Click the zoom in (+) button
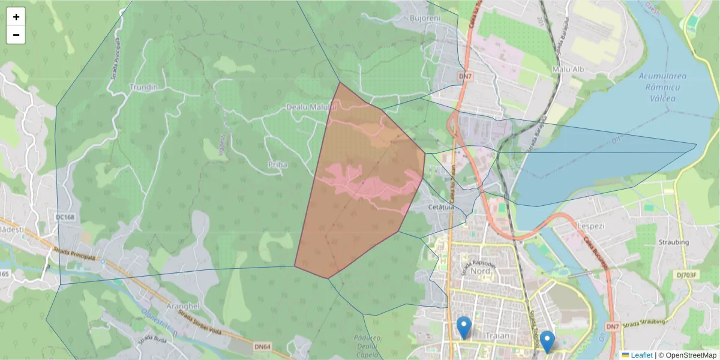(x=16, y=17)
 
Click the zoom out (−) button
(x=16, y=35)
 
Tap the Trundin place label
(x=143, y=87)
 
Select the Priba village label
(x=277, y=164)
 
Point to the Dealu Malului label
(x=312, y=107)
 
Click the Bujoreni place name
(x=425, y=19)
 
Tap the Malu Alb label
(x=566, y=70)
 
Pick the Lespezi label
(x=590, y=226)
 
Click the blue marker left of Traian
(x=463, y=328)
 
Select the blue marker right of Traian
(x=547, y=341)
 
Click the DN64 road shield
(x=262, y=347)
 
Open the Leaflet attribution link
(x=641, y=355)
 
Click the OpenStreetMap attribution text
(x=687, y=355)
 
